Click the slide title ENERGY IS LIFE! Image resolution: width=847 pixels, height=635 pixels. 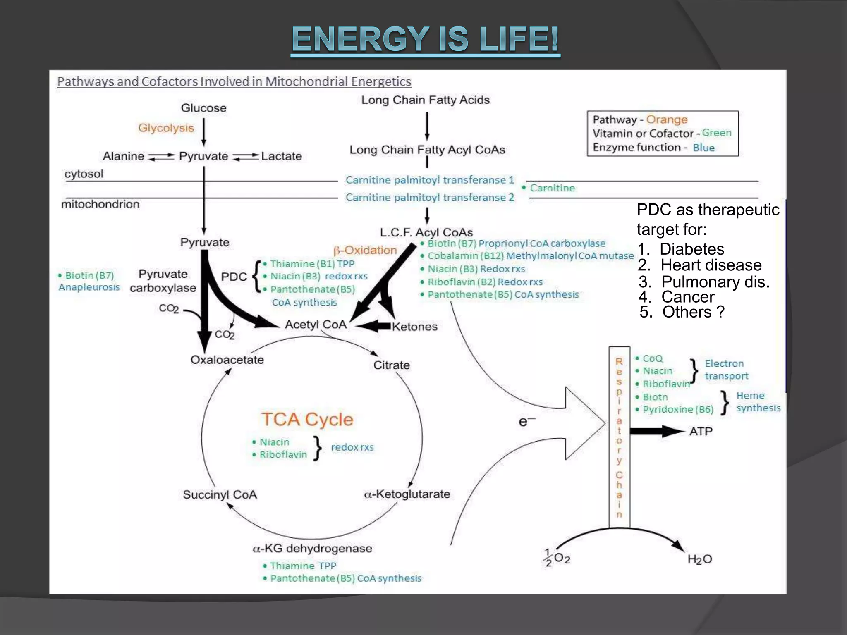(x=426, y=39)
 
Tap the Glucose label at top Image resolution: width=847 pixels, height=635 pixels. (x=203, y=108)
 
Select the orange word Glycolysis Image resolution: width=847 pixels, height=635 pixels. (x=166, y=128)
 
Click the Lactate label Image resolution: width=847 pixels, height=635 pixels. (x=281, y=156)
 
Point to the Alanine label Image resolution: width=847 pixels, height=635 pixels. (x=123, y=156)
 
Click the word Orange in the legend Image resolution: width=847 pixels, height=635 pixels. (x=667, y=119)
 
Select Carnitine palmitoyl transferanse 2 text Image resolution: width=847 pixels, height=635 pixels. (x=430, y=198)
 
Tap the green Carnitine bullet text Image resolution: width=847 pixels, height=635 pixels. (x=552, y=188)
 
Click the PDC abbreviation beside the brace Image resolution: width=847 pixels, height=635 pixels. (x=234, y=277)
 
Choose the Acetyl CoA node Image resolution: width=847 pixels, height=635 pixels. (x=316, y=325)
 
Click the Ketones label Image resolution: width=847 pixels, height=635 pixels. (x=414, y=327)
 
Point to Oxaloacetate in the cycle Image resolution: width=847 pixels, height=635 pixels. (x=227, y=360)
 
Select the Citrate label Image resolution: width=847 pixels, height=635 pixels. (x=391, y=365)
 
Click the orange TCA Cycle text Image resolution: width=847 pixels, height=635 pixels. (x=307, y=419)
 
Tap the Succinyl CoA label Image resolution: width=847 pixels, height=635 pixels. (x=220, y=494)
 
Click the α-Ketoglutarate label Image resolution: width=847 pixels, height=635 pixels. (x=407, y=494)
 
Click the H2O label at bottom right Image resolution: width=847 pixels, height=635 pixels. (x=699, y=559)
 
